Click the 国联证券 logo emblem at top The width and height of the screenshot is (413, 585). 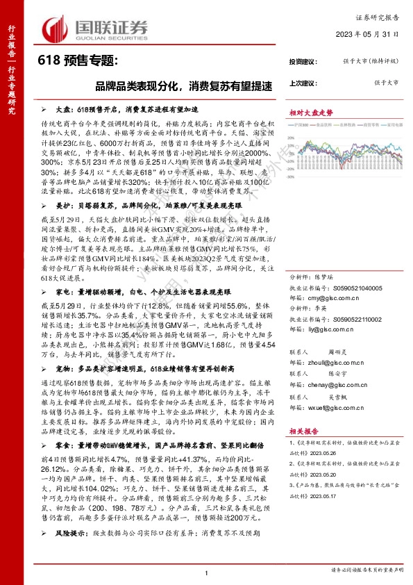(x=57, y=28)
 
